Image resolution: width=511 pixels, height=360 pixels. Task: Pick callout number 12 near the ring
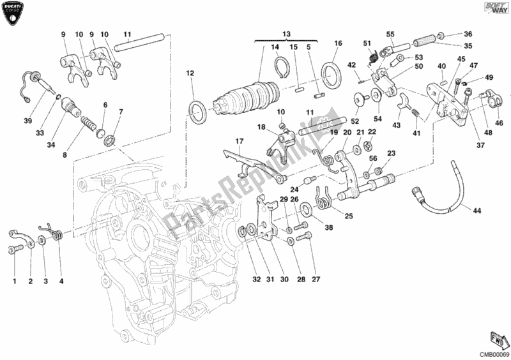(190, 73)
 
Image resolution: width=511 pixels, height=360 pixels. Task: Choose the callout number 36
(468, 34)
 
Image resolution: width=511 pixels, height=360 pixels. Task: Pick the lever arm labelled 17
(252, 162)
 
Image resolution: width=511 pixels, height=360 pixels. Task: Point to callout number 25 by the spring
(348, 216)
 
